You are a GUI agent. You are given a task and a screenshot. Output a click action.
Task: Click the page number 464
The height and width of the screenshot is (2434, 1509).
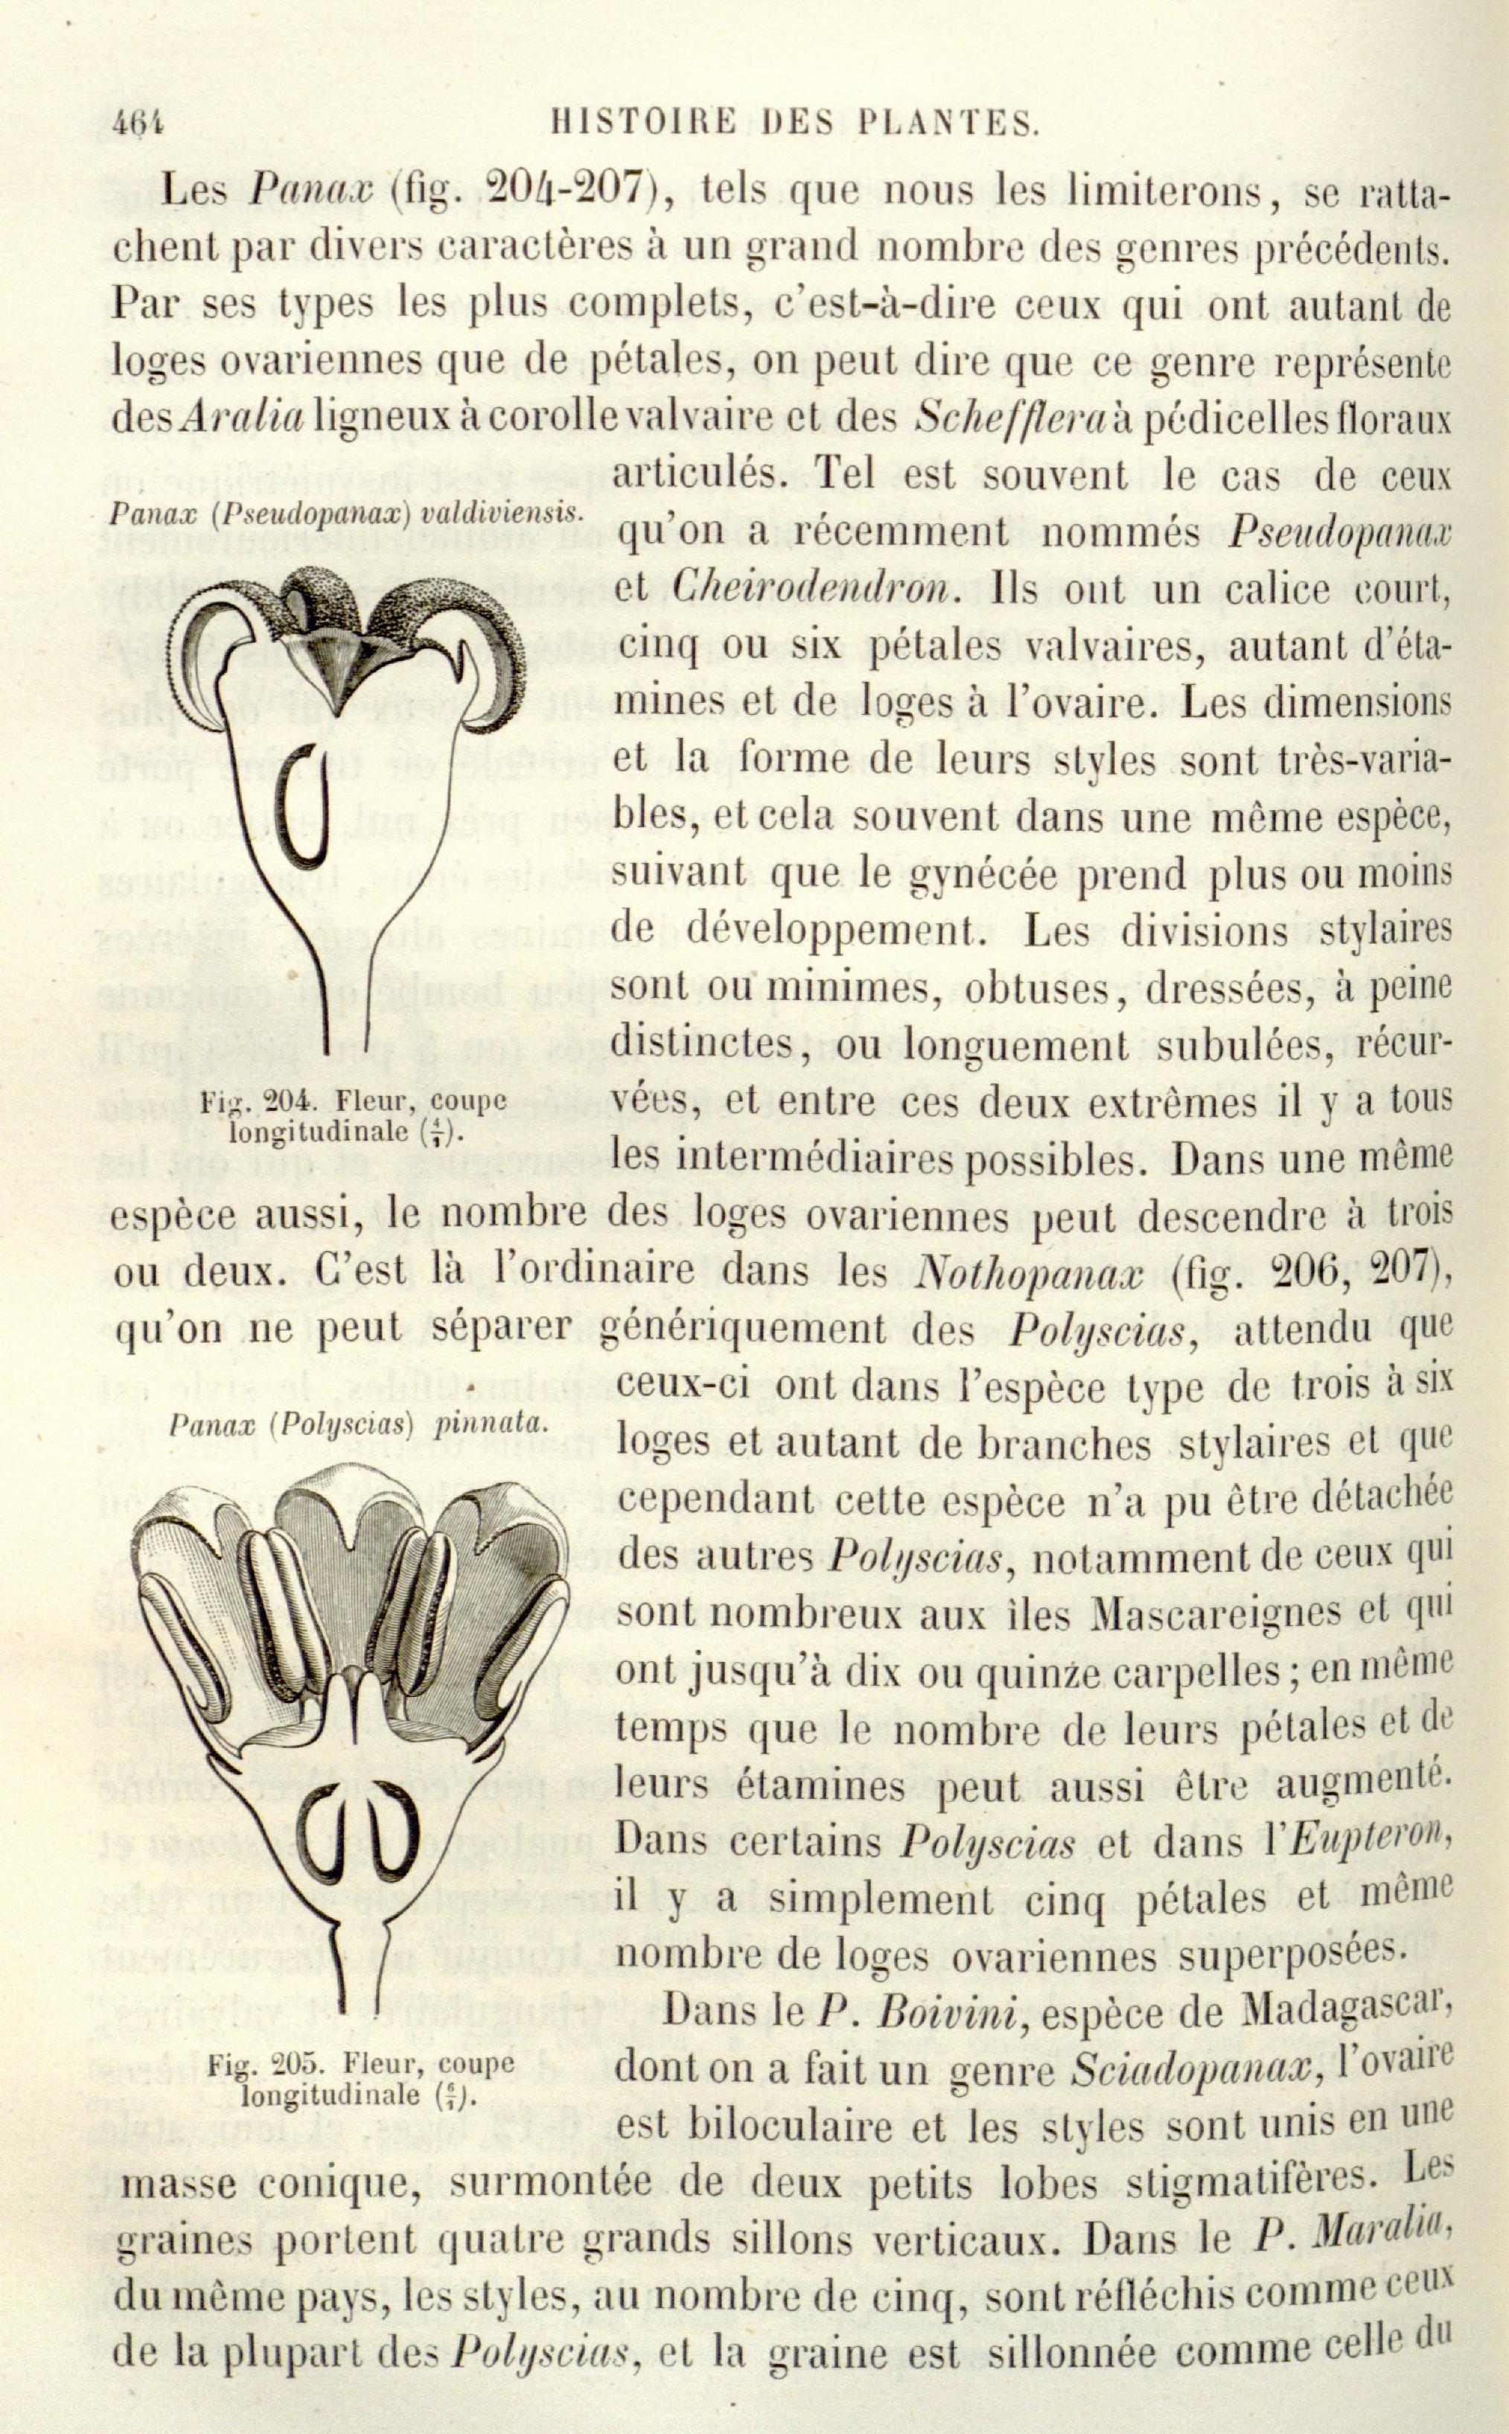point(138,123)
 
